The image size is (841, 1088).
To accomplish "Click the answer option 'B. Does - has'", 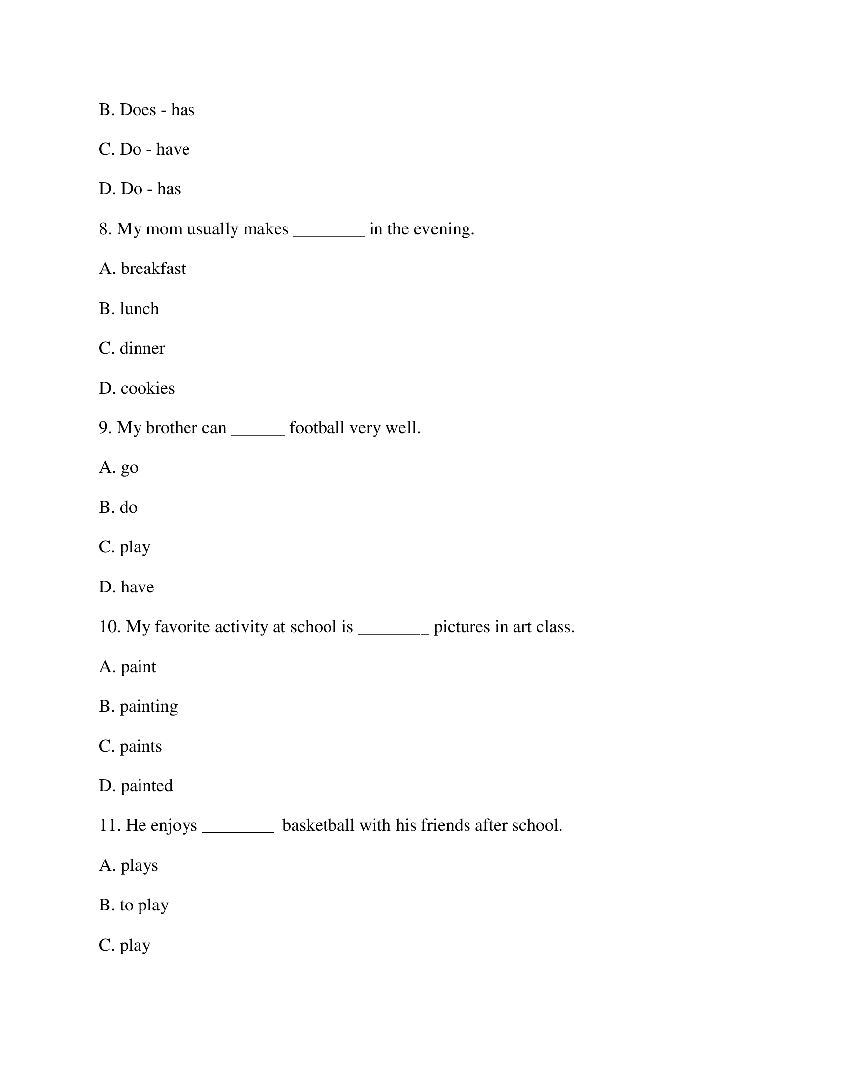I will (x=146, y=110).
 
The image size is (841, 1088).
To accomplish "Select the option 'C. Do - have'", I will (x=144, y=149).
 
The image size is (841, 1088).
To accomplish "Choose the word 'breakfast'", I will (x=153, y=269).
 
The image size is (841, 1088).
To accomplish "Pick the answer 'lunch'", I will (x=139, y=309).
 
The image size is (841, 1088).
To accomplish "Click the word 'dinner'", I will (x=142, y=348).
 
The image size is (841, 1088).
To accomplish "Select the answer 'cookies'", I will (x=147, y=388).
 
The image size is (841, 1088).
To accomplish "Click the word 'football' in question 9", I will (x=317, y=427).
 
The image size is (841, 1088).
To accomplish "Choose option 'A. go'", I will (x=119, y=468).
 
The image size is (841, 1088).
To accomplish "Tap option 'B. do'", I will (x=118, y=507).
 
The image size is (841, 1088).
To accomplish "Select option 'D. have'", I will (x=126, y=587).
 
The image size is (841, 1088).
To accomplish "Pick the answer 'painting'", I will (x=148, y=706).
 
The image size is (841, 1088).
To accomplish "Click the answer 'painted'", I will (x=146, y=786).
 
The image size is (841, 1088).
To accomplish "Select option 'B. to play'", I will (x=134, y=905).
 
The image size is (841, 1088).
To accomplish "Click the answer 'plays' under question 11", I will (x=139, y=866).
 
